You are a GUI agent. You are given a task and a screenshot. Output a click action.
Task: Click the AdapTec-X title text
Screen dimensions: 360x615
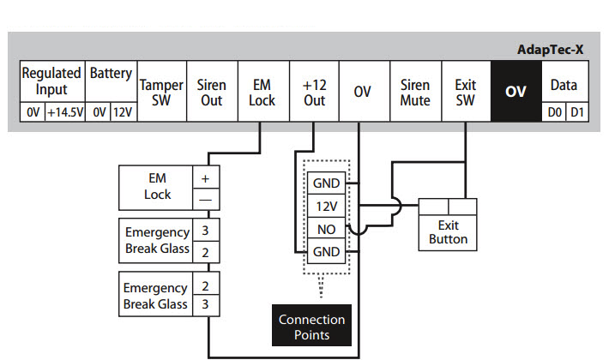coord(551,50)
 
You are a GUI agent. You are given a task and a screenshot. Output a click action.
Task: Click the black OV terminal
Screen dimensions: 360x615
coord(516,92)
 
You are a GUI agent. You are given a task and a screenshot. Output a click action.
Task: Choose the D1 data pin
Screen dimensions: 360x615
coord(577,112)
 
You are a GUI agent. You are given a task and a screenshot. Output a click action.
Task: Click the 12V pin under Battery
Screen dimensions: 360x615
coord(122,112)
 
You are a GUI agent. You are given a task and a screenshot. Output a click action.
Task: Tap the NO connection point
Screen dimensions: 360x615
coord(326,230)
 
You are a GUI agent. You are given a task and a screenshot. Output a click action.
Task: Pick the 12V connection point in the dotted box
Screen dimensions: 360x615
coord(326,207)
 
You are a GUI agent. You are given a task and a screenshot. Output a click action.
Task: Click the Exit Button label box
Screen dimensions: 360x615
coord(448,231)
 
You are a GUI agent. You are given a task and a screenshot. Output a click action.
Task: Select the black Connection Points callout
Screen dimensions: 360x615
coord(311,326)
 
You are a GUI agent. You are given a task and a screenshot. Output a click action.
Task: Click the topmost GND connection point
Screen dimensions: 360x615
coord(326,183)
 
